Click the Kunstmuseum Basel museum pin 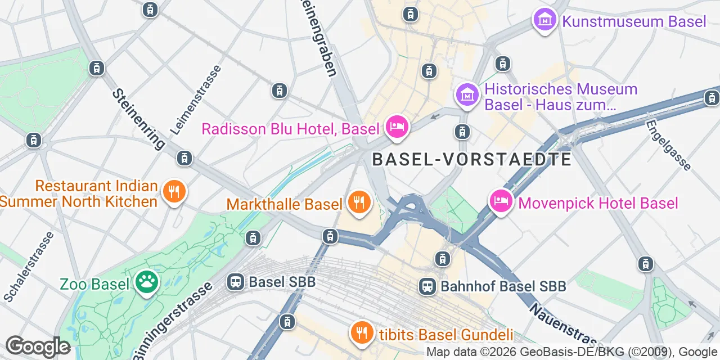coord(544,21)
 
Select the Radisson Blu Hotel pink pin coord(397,127)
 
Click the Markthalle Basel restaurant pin coord(358,202)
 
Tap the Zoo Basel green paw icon coord(146,282)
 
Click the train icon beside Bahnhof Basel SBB coord(427,286)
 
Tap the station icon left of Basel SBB coord(236,281)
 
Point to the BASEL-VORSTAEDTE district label coord(471,159)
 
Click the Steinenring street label coord(138,118)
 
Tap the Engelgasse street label coord(668,145)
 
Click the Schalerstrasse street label coord(29,265)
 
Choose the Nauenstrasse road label coord(562,326)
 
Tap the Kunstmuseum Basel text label coord(634,22)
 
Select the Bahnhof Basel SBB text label coord(503,286)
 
